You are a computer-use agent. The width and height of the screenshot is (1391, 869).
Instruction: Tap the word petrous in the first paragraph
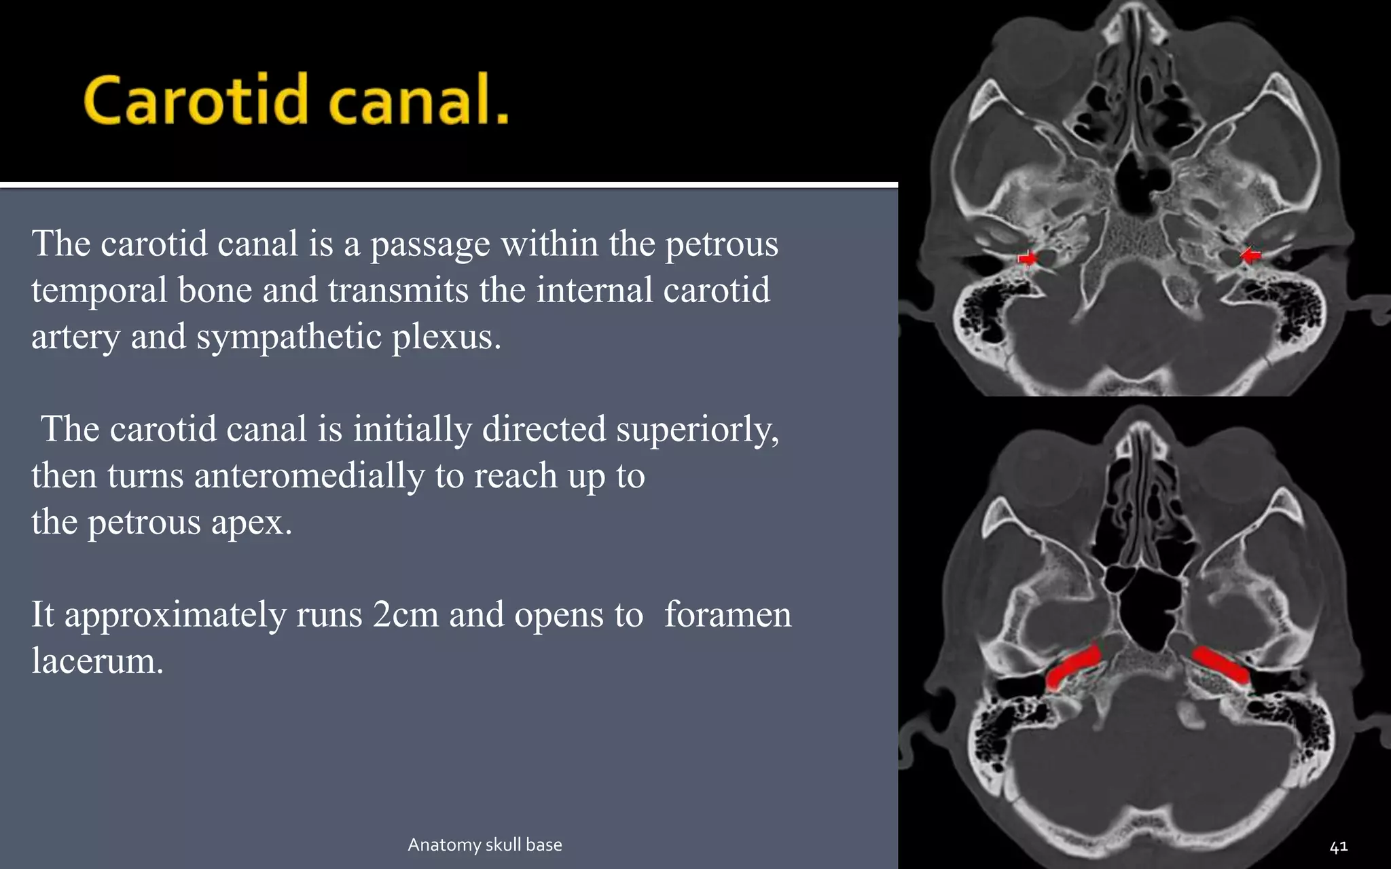721,244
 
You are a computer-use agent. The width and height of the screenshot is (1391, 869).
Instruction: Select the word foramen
727,614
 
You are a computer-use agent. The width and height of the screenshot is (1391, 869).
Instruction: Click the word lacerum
97,661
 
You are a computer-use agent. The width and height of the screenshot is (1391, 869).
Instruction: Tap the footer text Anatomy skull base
485,845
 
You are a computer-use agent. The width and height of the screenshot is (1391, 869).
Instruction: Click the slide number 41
1338,847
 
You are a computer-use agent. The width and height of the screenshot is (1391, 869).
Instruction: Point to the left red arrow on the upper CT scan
1027,258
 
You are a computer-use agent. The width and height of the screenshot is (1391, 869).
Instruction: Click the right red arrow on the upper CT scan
1250,255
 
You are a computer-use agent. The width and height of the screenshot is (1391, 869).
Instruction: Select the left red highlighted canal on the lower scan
1072,667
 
